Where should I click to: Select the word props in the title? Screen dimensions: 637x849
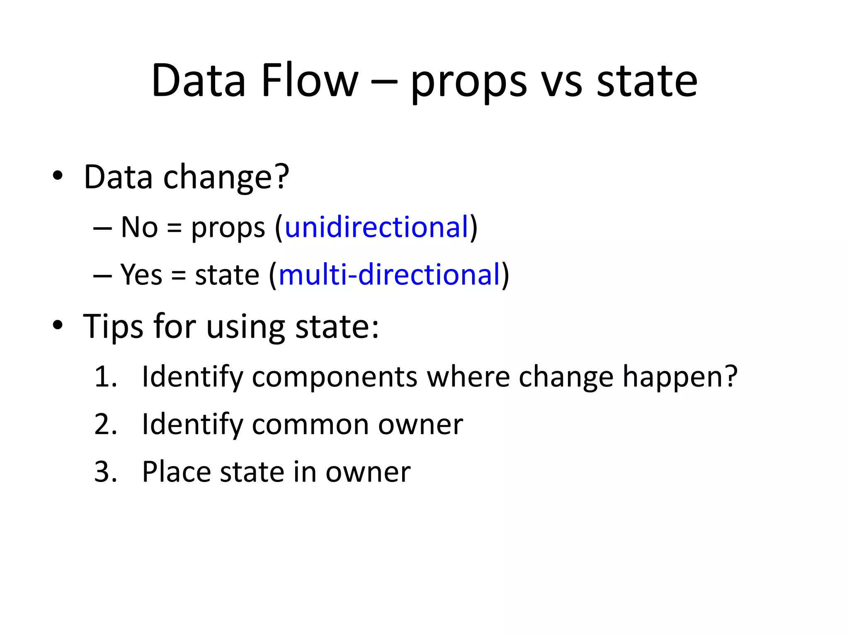pyautogui.click(x=469, y=83)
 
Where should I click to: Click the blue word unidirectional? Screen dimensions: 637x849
pyautogui.click(x=376, y=227)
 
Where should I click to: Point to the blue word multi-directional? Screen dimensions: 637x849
pyautogui.click(x=389, y=275)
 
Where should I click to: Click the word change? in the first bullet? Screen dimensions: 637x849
pyautogui.click(x=226, y=177)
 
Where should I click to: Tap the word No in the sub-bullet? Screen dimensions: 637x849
pyautogui.click(x=139, y=227)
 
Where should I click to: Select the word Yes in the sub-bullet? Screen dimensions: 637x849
pyautogui.click(x=141, y=275)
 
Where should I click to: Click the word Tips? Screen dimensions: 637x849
pyautogui.click(x=113, y=327)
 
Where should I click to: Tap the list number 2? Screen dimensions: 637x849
pyautogui.click(x=105, y=424)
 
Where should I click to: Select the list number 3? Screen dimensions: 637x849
pyautogui.click(x=105, y=472)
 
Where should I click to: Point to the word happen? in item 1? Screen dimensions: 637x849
pyautogui.click(x=680, y=377)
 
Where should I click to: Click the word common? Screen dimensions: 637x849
pyautogui.click(x=310, y=425)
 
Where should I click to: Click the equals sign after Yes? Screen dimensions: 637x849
pyautogui.click(x=178, y=275)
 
